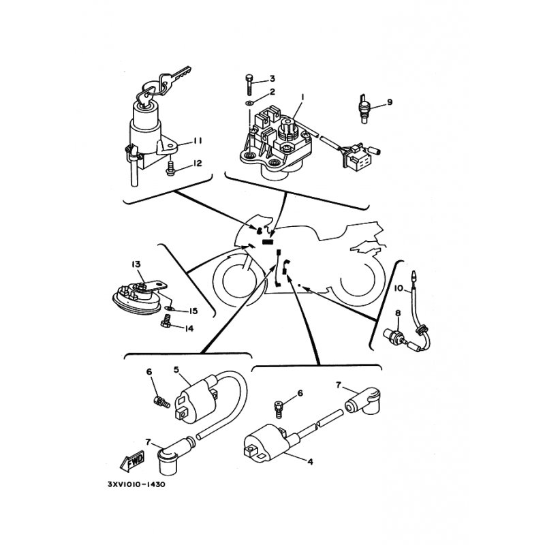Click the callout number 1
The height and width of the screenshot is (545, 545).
coord(302,97)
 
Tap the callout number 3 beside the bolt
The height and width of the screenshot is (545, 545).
coord(272,78)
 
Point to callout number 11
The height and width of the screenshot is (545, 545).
coord(198,140)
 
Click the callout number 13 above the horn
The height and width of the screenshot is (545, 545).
coord(136,264)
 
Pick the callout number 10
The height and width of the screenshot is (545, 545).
coord(399,288)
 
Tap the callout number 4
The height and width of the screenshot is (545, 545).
coord(310,462)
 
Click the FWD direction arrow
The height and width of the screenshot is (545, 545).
coord(131,461)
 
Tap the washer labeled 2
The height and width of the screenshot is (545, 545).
coord(249,104)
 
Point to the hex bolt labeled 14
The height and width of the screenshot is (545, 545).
coord(166,321)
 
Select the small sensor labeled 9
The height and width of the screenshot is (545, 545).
coord(363,108)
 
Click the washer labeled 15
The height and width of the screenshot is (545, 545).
coord(169,308)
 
